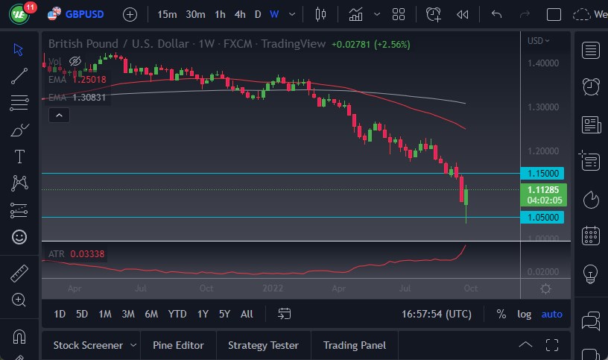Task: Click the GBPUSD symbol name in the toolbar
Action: (84, 14)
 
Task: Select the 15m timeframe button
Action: (167, 14)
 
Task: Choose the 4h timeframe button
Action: (239, 14)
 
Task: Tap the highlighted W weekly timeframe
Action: (274, 14)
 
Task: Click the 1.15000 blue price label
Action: (544, 173)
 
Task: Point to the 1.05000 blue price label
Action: (544, 217)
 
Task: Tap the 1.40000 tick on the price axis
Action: (542, 63)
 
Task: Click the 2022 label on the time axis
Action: (272, 288)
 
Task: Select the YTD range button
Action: (177, 314)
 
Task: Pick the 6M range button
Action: (151, 314)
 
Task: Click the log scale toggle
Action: (525, 314)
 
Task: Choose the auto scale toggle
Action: (552, 314)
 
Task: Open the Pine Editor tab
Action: (178, 345)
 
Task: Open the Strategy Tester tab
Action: (263, 345)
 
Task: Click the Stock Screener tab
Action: (88, 345)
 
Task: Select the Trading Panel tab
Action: (355, 345)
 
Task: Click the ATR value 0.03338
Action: (87, 254)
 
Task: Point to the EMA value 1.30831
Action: (89, 97)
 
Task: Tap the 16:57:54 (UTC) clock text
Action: (436, 314)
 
